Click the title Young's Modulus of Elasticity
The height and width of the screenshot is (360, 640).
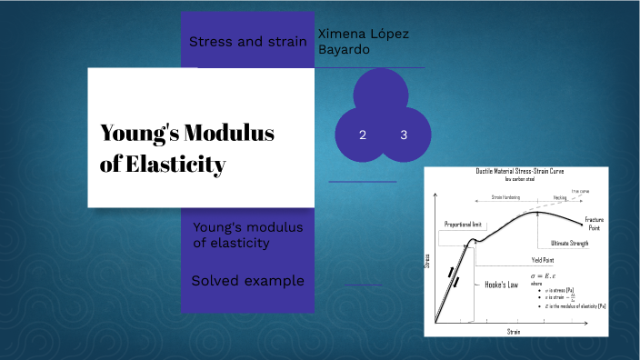186,149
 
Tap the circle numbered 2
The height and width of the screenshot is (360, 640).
363,135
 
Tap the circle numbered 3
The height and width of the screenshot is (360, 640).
403,135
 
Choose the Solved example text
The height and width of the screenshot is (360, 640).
247,280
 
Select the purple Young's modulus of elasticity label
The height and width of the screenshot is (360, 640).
247,235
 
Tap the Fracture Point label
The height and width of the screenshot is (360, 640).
594,224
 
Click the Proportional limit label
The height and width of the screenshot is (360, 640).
462,224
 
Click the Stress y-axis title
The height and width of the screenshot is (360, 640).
428,261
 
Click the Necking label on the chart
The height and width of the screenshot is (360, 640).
559,196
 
